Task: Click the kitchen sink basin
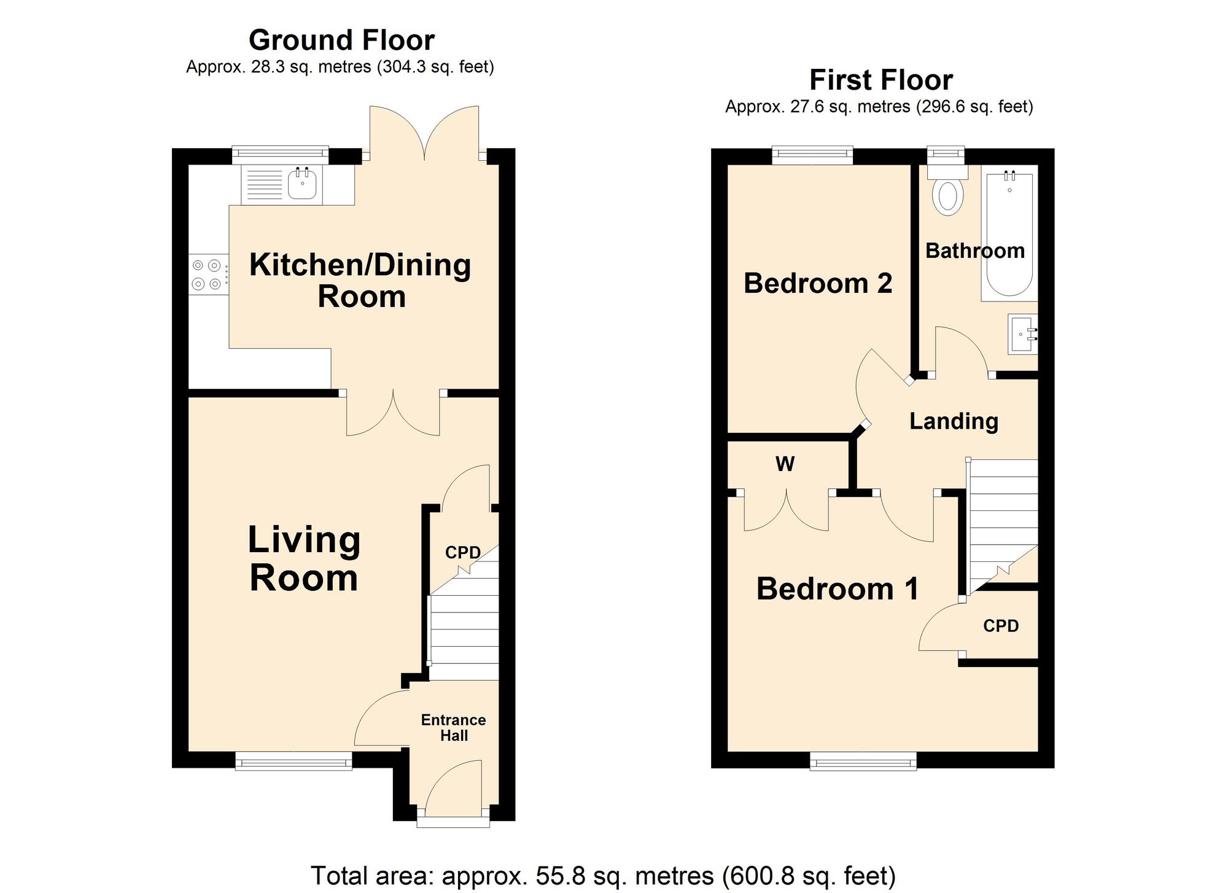[302, 184]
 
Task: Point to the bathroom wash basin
[1022, 334]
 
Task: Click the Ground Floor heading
[341, 41]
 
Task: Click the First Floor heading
[880, 80]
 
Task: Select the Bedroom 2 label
[817, 283]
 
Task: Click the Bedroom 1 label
[837, 588]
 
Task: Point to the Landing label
[954, 421]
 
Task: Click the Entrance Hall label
[453, 728]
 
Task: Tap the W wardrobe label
[785, 464]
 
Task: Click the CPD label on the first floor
[1001, 626]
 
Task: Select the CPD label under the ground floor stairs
[462, 553]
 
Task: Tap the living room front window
[293, 761]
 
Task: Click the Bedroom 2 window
[812, 155]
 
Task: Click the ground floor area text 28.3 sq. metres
[340, 67]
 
